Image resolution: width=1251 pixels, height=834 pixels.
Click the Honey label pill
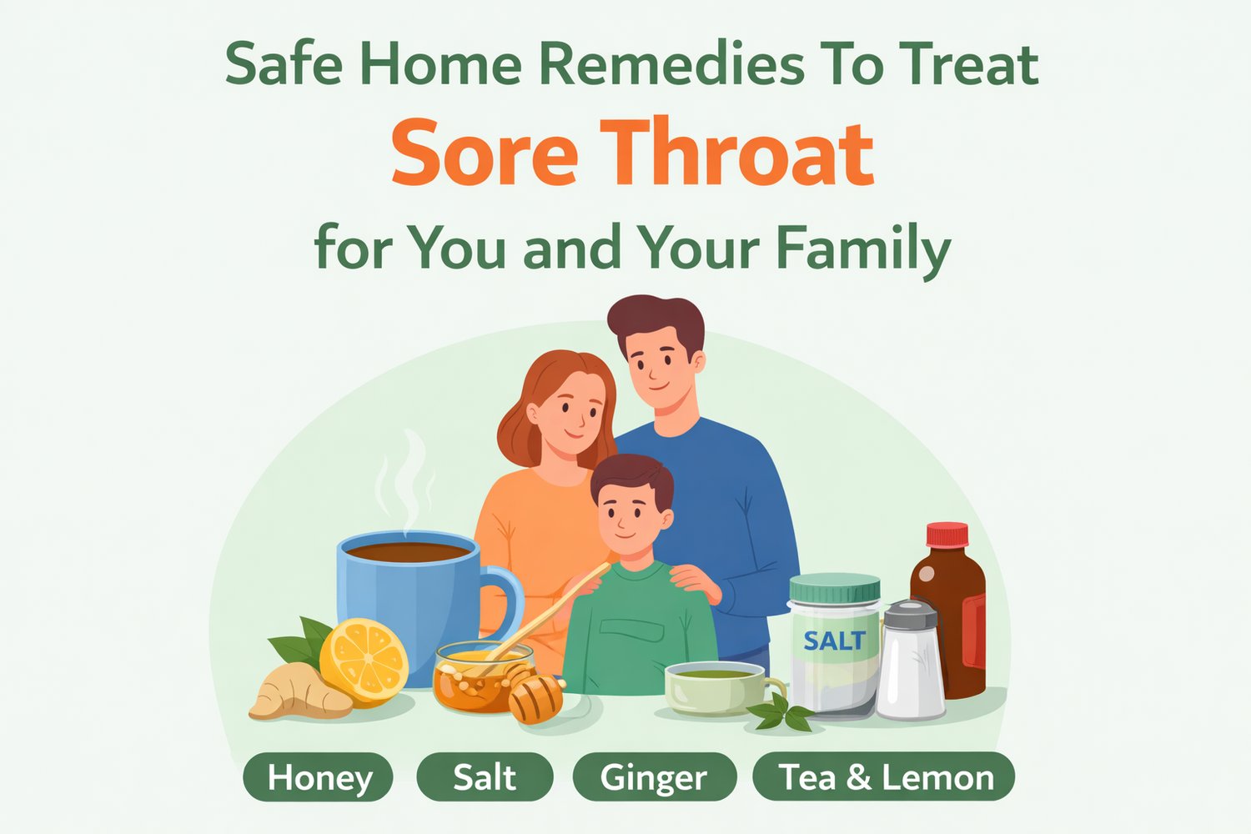click(x=319, y=777)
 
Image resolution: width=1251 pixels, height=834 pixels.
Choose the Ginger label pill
click(x=654, y=777)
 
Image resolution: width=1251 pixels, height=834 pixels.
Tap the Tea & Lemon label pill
click(x=885, y=777)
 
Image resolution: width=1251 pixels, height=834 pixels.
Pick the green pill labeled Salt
click(x=485, y=777)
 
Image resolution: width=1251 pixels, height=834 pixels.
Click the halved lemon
click(x=364, y=661)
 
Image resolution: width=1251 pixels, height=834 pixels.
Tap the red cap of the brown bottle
click(x=947, y=535)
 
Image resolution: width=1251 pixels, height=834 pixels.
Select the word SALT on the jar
click(x=834, y=641)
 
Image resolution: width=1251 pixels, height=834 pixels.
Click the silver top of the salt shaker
click(x=910, y=615)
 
